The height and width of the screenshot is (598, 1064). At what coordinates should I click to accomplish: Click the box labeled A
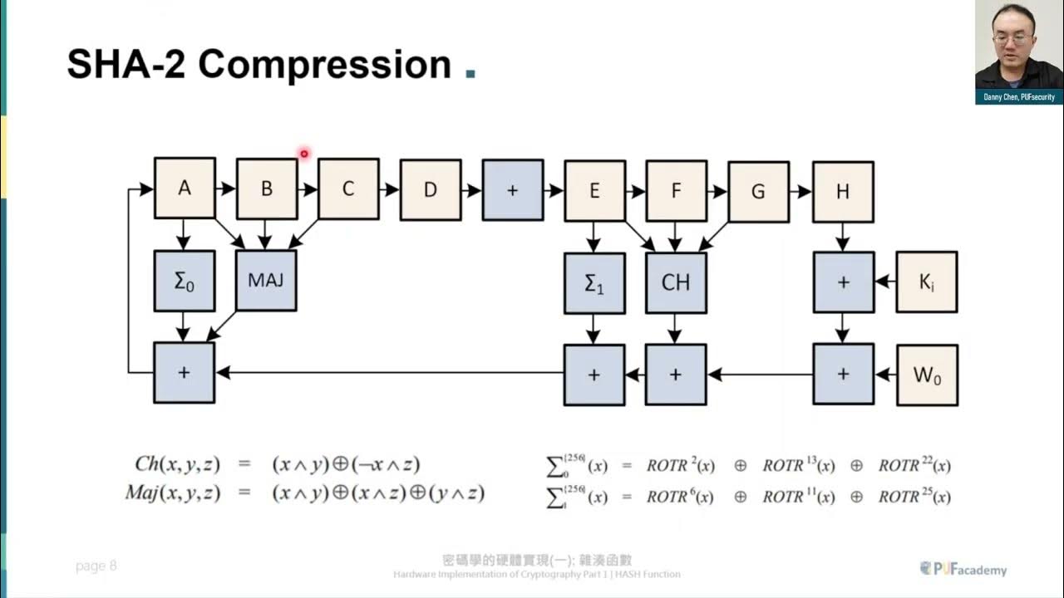pos(185,189)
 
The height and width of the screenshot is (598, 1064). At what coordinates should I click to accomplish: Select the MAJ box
pos(266,281)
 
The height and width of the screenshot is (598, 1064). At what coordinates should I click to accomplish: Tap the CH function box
pos(676,283)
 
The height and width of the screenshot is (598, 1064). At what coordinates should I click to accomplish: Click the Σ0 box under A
pos(185,281)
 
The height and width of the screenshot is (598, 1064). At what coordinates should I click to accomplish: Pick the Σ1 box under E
pos(594,283)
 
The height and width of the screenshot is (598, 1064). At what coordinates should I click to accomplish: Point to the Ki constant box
pos(926,282)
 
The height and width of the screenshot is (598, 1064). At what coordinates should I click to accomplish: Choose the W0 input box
pos(926,375)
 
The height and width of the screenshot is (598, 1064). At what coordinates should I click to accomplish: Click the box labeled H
pos(843,192)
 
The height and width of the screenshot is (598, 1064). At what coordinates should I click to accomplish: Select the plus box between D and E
pos(512,190)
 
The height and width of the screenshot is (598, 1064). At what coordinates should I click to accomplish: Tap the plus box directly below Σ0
pos(185,373)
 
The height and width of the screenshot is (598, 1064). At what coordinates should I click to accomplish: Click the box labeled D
pos(431,190)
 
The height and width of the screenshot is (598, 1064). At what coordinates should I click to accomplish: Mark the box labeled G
pos(758,192)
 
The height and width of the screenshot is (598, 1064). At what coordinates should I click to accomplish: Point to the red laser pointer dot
pos(304,153)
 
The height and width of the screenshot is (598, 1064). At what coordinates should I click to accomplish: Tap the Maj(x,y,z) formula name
pos(172,493)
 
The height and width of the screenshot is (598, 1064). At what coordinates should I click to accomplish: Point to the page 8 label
pos(96,566)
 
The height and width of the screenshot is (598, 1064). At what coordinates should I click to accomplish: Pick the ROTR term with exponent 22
pos(914,465)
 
